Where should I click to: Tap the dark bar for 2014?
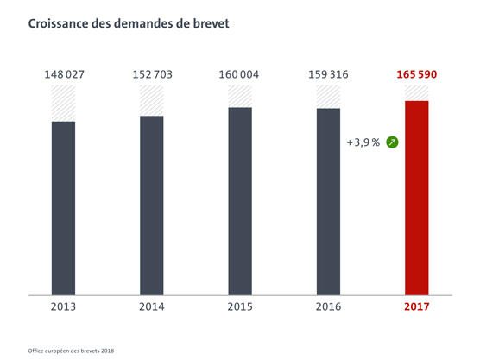[152, 205]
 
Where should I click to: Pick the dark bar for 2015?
[240, 200]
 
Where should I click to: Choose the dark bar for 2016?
[328, 201]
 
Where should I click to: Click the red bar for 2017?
[417, 198]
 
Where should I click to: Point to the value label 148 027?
[63, 74]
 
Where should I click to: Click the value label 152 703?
[152, 74]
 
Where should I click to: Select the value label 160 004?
[240, 74]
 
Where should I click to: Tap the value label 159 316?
[328, 74]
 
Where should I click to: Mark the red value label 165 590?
[417, 74]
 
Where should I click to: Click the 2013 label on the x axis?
[63, 307]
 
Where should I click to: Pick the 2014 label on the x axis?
[152, 307]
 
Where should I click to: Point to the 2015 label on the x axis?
[240, 307]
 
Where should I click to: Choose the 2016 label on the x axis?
[328, 307]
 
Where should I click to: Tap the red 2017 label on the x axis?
[417, 307]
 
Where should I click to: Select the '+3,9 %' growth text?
[363, 142]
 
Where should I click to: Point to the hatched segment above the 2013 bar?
[63, 104]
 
